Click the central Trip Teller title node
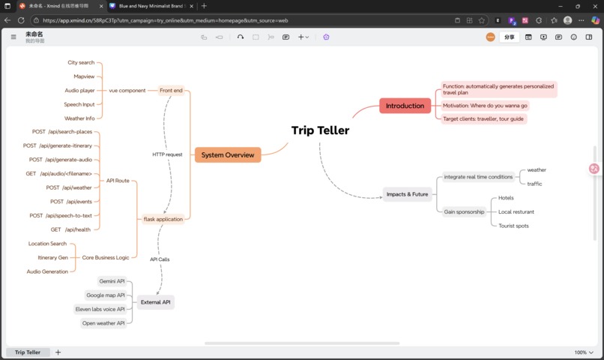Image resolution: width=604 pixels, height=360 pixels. [x=320, y=130]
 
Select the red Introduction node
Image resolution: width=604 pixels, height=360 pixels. [x=405, y=106]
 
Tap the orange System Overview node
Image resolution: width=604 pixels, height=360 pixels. [x=228, y=154]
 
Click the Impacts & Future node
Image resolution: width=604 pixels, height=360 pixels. [x=407, y=194]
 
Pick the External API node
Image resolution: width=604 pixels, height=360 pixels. [x=156, y=302]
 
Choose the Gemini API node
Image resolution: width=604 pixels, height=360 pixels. [x=112, y=281]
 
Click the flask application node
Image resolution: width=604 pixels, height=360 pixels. [x=163, y=219]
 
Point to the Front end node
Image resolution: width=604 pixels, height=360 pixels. [x=171, y=90]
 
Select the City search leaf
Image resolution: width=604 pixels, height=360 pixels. [x=81, y=62]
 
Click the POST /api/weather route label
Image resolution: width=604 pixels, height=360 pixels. [x=69, y=187]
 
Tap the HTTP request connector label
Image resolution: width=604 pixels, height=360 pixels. [x=167, y=154]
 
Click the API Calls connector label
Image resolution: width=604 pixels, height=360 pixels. [x=160, y=259]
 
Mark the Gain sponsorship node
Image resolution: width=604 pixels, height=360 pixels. [x=464, y=211]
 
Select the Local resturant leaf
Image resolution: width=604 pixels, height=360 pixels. [x=516, y=211]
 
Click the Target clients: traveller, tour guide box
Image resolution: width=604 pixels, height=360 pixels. [x=483, y=118]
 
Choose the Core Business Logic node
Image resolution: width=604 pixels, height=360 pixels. [x=105, y=257]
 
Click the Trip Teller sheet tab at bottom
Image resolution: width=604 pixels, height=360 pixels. [x=28, y=352]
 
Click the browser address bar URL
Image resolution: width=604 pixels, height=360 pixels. [x=165, y=20]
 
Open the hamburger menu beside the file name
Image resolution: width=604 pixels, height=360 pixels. [x=13, y=36]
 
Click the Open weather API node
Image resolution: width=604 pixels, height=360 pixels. [x=103, y=323]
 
